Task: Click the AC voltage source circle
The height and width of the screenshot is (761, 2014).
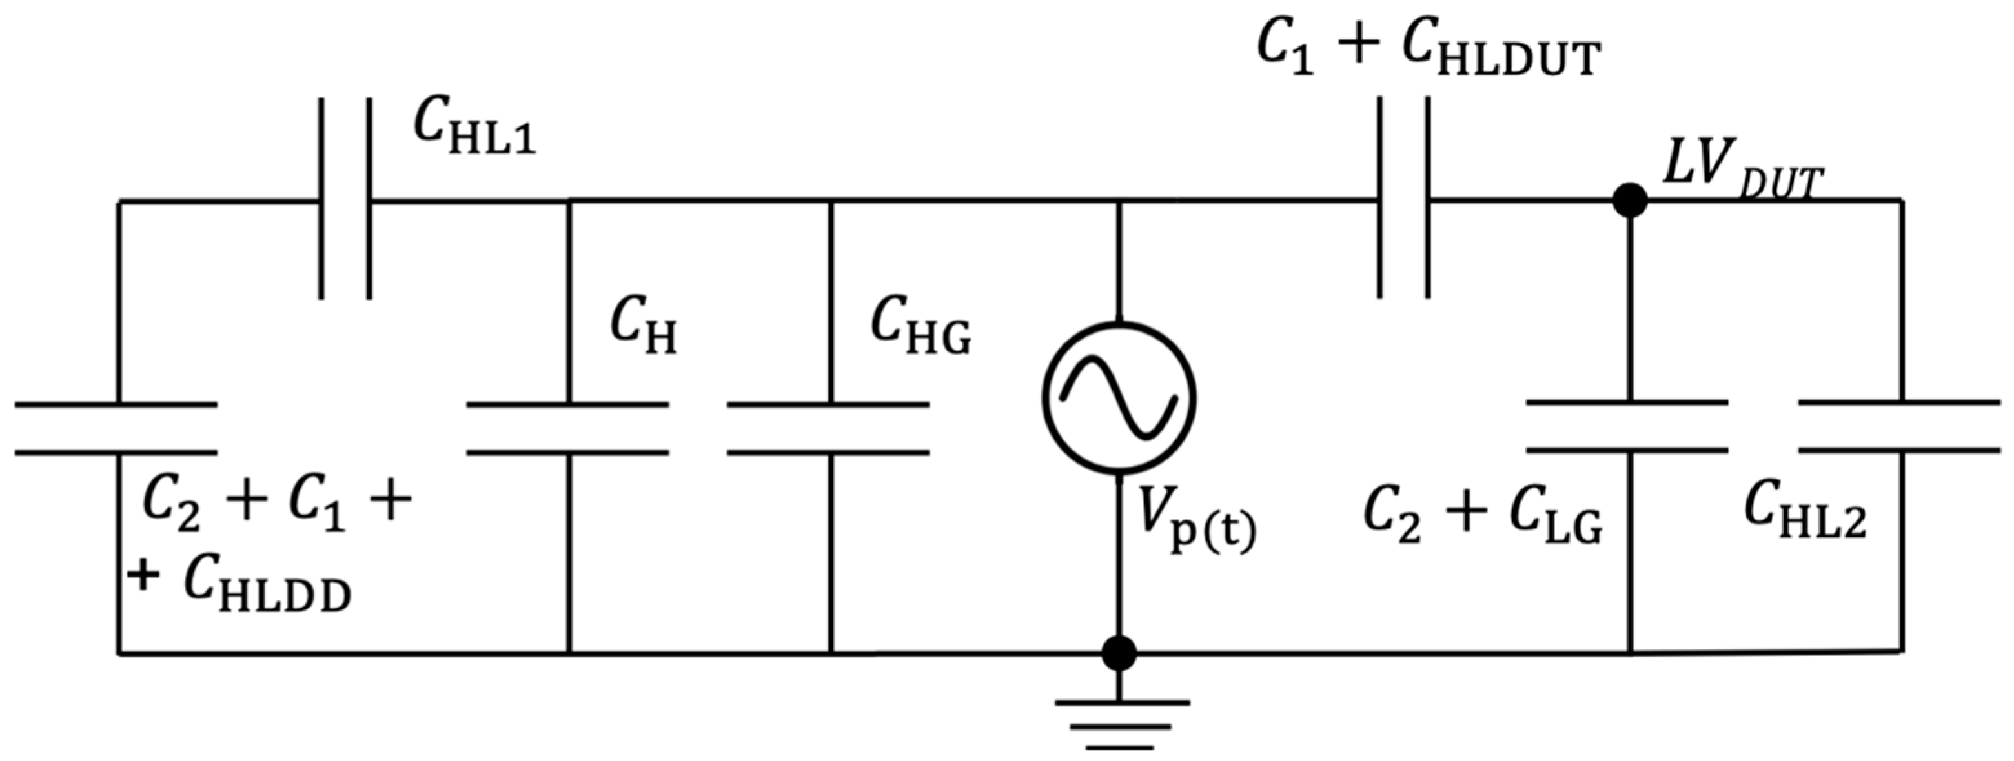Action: pyautogui.click(x=1119, y=398)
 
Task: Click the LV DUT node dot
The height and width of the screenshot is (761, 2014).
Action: pyautogui.click(x=1630, y=201)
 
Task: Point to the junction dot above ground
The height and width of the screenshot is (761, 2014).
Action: pyautogui.click(x=1119, y=653)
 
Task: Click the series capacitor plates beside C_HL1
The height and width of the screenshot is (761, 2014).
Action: pyautogui.click(x=345, y=199)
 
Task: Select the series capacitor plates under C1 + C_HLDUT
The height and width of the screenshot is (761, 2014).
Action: pyautogui.click(x=1404, y=199)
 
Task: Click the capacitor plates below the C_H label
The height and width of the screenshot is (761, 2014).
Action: pyautogui.click(x=569, y=428)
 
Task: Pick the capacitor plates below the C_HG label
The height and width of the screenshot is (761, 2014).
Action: pyautogui.click(x=829, y=428)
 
